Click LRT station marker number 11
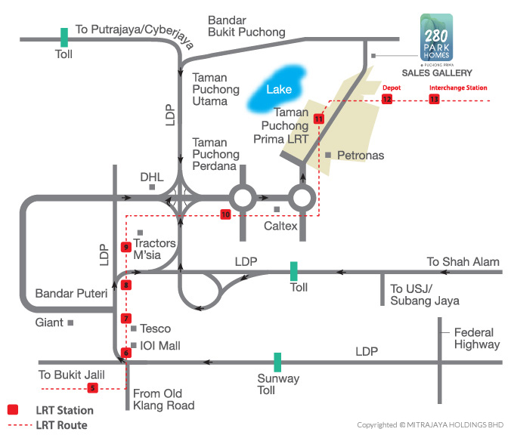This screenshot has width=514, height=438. point(318,119)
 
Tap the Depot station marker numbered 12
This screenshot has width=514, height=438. point(387,99)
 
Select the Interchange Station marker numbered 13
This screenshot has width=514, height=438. point(434,99)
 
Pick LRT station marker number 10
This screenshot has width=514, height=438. point(225,214)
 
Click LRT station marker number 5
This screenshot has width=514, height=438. point(93,388)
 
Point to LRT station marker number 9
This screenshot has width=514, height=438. point(127,247)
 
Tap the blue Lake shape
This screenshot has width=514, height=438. point(278,90)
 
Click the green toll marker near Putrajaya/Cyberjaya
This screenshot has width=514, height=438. point(64,37)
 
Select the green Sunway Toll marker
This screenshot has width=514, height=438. point(278,362)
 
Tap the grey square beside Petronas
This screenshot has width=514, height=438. point(328,155)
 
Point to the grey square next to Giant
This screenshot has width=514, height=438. point(70,322)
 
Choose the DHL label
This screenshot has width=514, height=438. point(152,177)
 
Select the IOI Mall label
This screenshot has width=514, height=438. point(160,346)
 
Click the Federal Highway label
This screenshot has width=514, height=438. point(477,338)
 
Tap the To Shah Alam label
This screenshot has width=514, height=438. point(463,261)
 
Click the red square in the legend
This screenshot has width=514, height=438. point(13,410)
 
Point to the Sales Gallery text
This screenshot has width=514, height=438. point(437,73)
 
